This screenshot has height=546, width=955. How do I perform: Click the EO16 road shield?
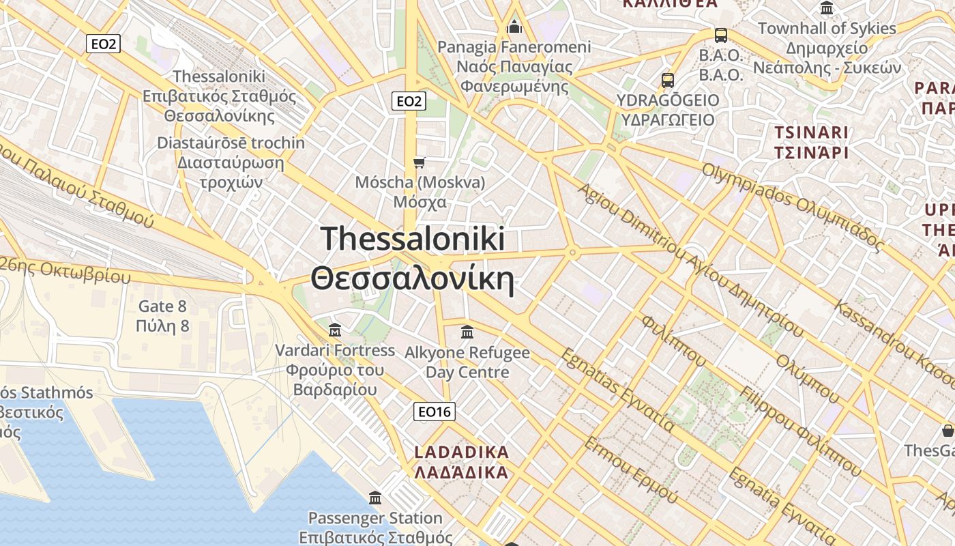(x=435, y=412)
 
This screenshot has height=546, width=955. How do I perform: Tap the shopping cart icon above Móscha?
(x=420, y=162)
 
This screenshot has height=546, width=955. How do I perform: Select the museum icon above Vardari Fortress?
(x=335, y=330)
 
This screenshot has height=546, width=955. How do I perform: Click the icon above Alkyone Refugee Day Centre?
(x=467, y=332)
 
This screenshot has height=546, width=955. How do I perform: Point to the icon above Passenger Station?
(x=374, y=498)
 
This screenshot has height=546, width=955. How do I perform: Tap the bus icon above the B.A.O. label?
(x=720, y=35)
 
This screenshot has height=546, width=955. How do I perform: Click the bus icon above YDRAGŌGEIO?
(x=668, y=81)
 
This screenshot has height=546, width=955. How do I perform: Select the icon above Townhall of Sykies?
(x=827, y=9)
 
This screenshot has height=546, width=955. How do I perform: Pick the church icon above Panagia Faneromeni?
(x=514, y=27)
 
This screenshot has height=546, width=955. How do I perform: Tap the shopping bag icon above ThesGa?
(x=947, y=431)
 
